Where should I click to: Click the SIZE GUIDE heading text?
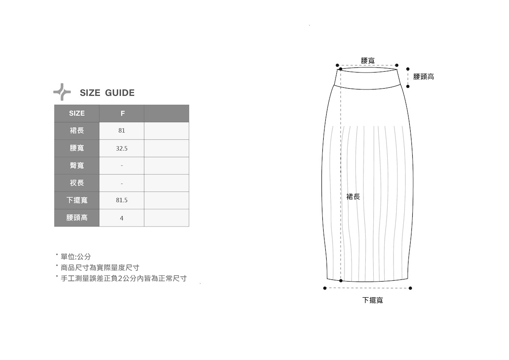pos(107,93)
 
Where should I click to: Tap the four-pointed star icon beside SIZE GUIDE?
pos(62,92)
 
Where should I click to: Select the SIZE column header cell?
pos(77,113)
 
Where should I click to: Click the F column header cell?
pos(122,113)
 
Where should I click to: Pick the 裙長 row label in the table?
pos(77,131)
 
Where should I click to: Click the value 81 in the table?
pos(122,131)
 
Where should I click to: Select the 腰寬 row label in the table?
pos(77,148)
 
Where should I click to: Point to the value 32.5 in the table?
pos(122,148)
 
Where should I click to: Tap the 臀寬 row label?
pos(77,165)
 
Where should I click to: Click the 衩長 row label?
pos(77,183)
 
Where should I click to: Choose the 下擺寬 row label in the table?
pos(77,200)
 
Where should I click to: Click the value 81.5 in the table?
pos(122,200)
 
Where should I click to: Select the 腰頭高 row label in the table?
pos(77,218)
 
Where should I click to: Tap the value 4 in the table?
pos(122,218)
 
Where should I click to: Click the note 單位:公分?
pos(76,257)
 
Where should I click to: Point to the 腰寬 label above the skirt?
pos(368,61)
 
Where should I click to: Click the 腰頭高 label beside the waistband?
pos(423,77)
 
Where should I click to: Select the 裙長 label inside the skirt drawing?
pos(353,197)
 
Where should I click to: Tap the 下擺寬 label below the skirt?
pos(372,300)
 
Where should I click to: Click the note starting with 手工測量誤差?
pos(123,279)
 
